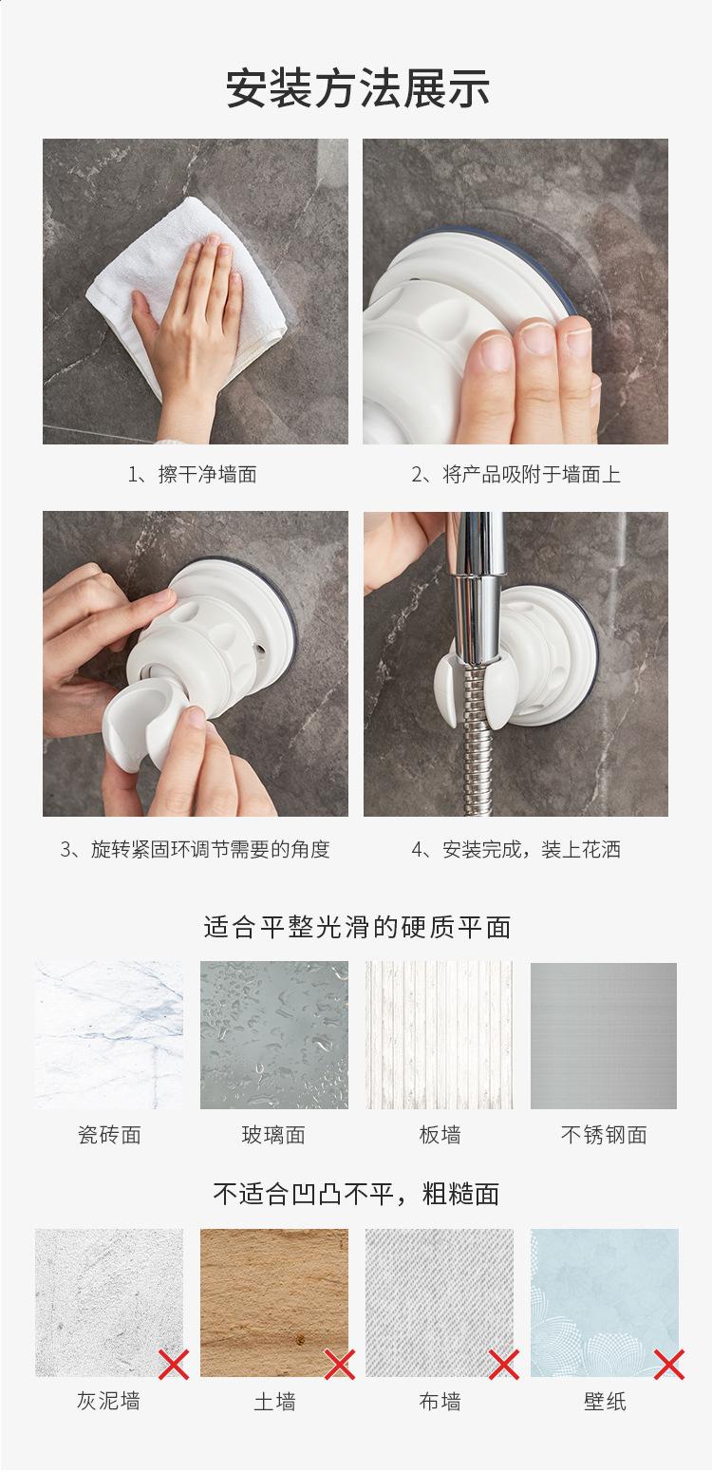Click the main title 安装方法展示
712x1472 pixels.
coord(357,88)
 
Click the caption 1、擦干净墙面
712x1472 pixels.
coord(192,474)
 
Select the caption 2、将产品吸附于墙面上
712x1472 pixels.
coord(515,474)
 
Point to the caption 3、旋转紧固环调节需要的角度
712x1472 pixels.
coord(195,849)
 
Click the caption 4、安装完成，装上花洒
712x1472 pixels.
coord(515,849)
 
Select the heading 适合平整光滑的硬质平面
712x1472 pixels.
coord(357,927)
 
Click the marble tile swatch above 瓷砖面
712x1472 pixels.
coord(109,1036)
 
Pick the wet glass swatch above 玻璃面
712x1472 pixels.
coord(274,1036)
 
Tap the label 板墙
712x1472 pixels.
coord(440,1135)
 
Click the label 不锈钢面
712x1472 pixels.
coord(604,1135)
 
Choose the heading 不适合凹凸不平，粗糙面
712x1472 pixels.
coord(357,1194)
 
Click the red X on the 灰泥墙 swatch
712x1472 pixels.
coord(174,1365)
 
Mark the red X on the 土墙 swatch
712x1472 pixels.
coord(340,1365)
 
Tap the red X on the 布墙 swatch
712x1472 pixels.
coord(504,1365)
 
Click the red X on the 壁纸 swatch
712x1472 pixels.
coord(669,1365)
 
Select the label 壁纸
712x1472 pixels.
coord(605,1402)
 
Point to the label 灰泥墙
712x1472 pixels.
coord(109,1402)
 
